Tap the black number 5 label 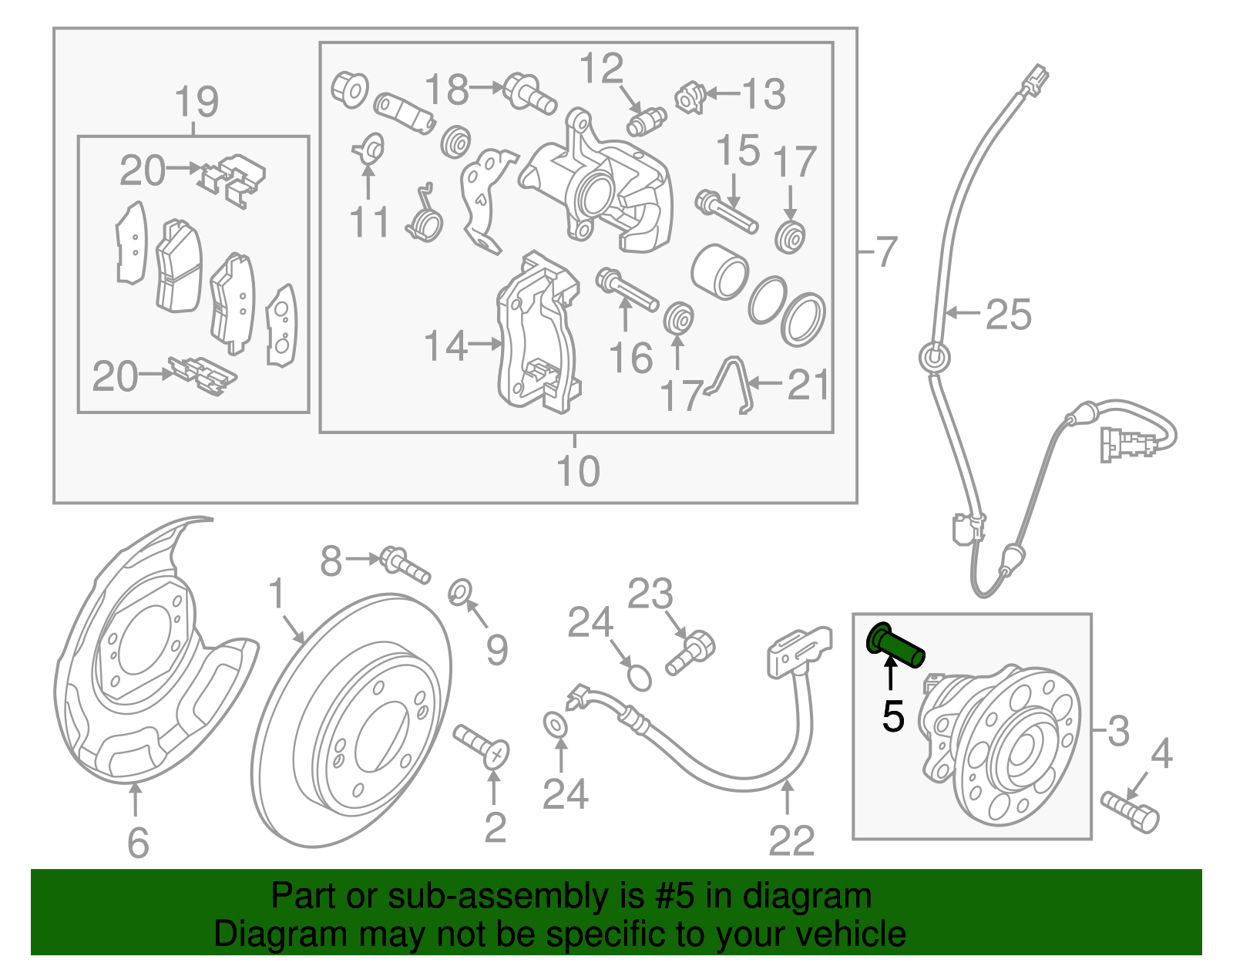click(x=893, y=717)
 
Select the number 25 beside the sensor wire click(x=1008, y=315)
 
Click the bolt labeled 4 click(x=1131, y=810)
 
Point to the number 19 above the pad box click(x=197, y=102)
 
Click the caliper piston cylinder click(x=719, y=271)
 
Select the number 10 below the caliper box click(x=577, y=471)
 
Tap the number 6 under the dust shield click(x=137, y=843)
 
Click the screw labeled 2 click(x=482, y=746)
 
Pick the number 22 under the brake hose click(x=791, y=840)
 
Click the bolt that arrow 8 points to click(x=405, y=564)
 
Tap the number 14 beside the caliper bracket click(x=446, y=346)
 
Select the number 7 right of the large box click(x=887, y=252)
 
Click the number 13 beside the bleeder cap click(x=763, y=94)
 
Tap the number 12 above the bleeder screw click(x=601, y=69)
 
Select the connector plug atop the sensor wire click(x=1033, y=79)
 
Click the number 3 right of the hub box click(x=1117, y=729)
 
